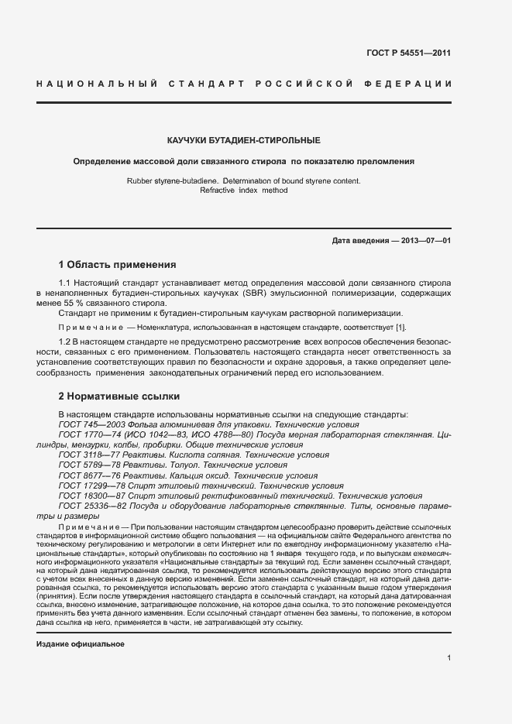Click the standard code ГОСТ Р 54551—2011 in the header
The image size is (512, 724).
click(x=408, y=53)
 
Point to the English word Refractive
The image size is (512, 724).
click(x=222, y=190)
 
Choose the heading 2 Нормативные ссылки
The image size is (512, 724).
click(x=114, y=396)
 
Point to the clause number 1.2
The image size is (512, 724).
click(x=66, y=342)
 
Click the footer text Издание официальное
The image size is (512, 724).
click(x=81, y=623)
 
